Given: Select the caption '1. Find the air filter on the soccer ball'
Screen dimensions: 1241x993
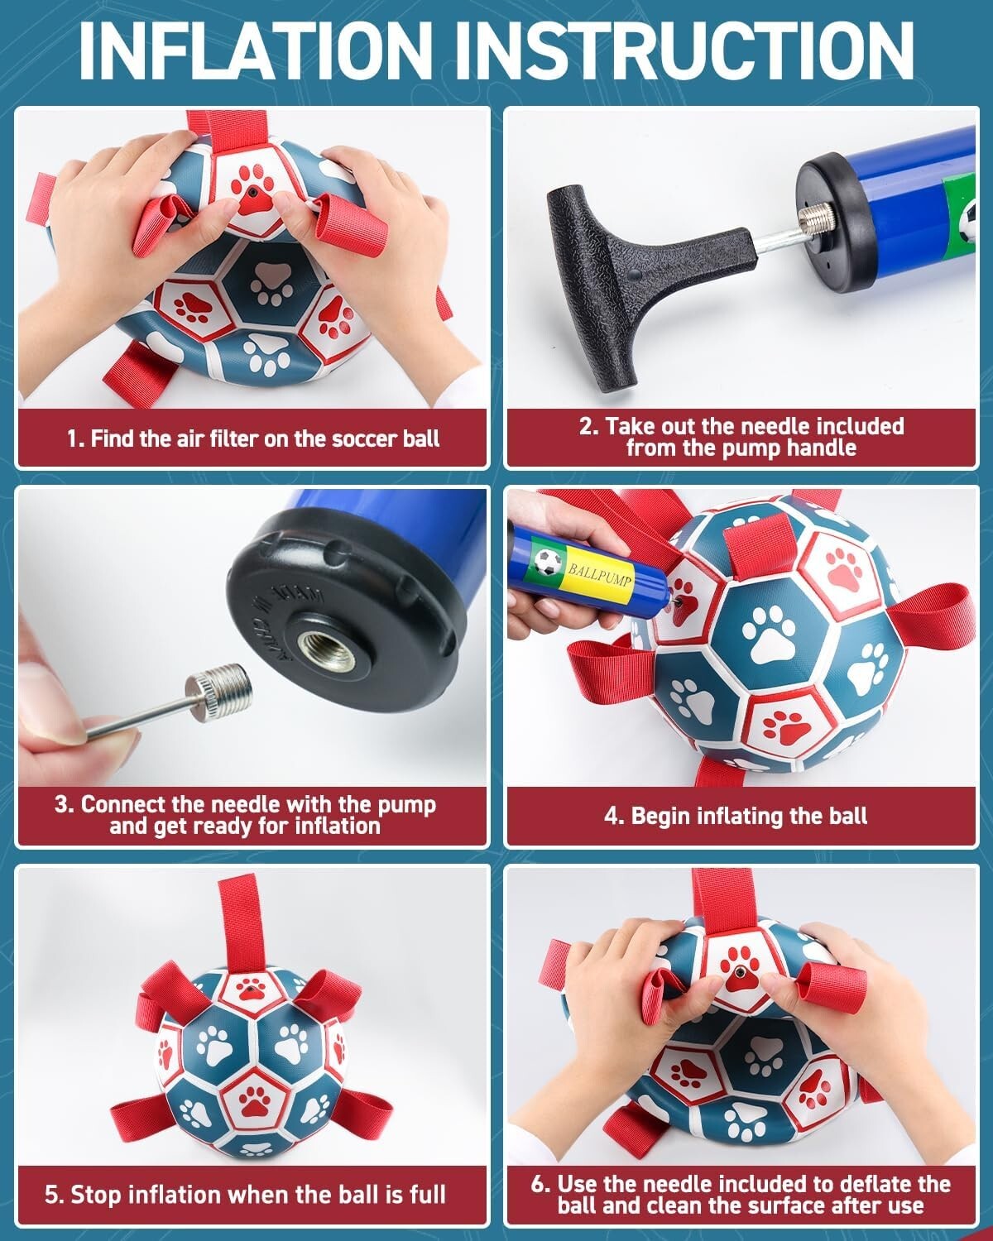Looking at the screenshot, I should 252,438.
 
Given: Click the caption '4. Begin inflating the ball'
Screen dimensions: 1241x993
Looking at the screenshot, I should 736,816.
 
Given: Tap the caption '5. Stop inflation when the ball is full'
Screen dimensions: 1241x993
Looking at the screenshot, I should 246,1195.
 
